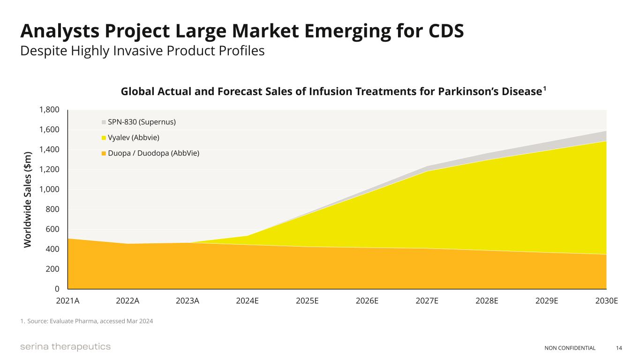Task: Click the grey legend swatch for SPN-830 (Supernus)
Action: click(104, 122)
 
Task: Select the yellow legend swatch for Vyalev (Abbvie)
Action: click(104, 138)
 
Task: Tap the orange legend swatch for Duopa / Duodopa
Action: click(104, 153)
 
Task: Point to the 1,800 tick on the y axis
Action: click(49, 110)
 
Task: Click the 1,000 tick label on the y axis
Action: click(49, 189)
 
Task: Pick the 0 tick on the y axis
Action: click(56, 289)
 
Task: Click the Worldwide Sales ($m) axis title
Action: click(28, 200)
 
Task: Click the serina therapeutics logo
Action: click(65, 347)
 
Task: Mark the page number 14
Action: click(619, 348)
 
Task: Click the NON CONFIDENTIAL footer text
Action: click(570, 348)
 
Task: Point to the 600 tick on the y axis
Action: click(52, 229)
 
